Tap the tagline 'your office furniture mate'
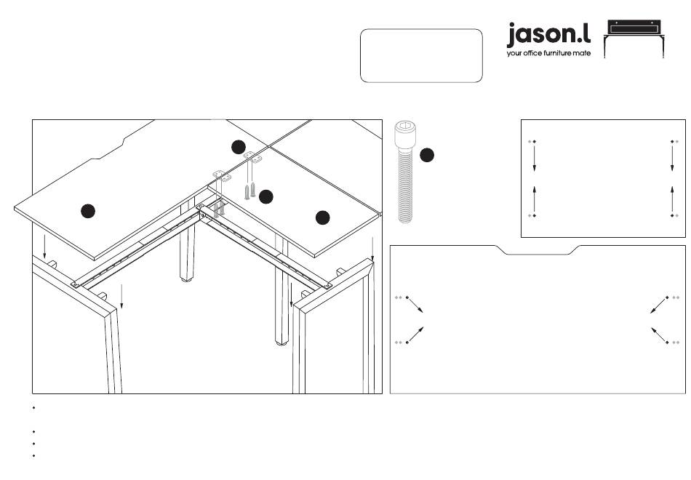[x=548, y=53]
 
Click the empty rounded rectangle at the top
[x=421, y=55]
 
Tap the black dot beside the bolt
[x=428, y=155]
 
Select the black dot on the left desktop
[x=87, y=211]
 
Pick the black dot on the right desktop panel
[x=323, y=217]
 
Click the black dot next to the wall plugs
[x=266, y=196]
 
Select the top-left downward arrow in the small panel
[x=534, y=158]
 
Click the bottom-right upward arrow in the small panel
[x=672, y=198]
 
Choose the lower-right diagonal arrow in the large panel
[x=659, y=335]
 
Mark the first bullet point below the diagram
[x=34, y=407]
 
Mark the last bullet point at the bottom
[x=34, y=456]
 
